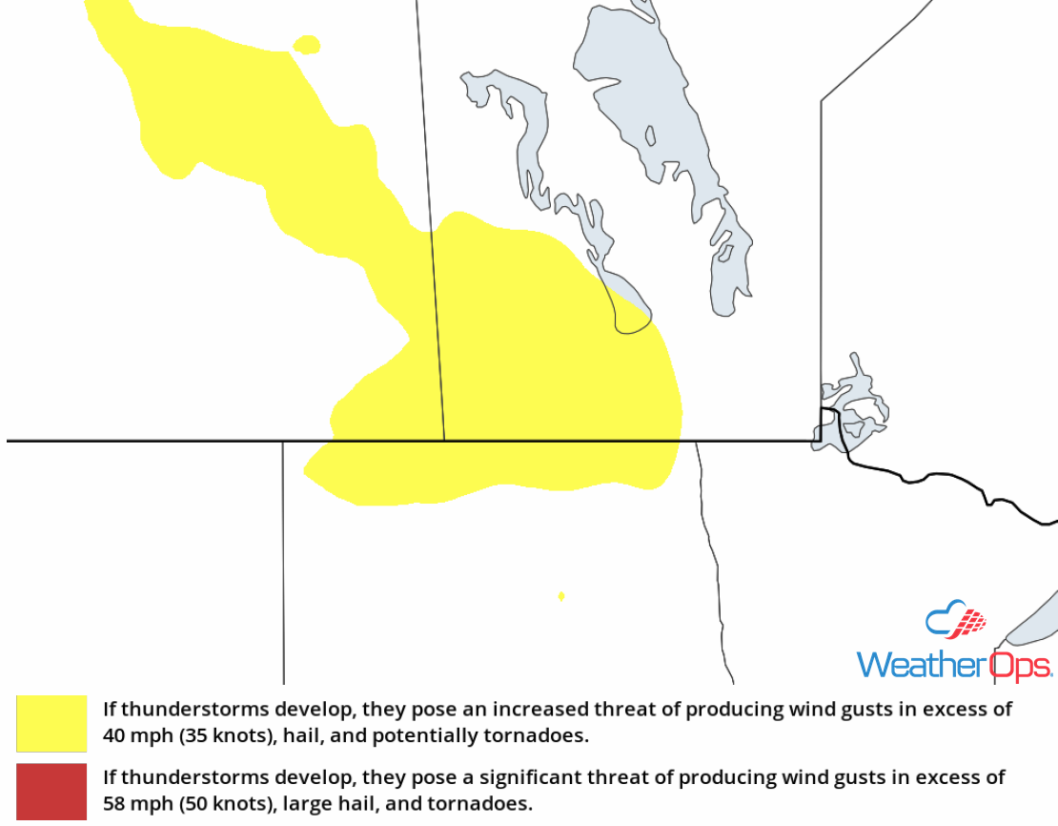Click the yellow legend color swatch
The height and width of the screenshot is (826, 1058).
[x=51, y=723]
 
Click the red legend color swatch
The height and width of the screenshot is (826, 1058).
[x=51, y=792]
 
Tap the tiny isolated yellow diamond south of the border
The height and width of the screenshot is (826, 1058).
[x=561, y=596]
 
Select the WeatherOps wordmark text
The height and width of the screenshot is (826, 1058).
[x=953, y=664]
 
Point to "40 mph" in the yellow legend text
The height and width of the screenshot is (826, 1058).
[x=132, y=736]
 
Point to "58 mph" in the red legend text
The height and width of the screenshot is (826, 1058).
[x=132, y=804]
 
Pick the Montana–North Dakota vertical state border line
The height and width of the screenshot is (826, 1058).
[x=283, y=563]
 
